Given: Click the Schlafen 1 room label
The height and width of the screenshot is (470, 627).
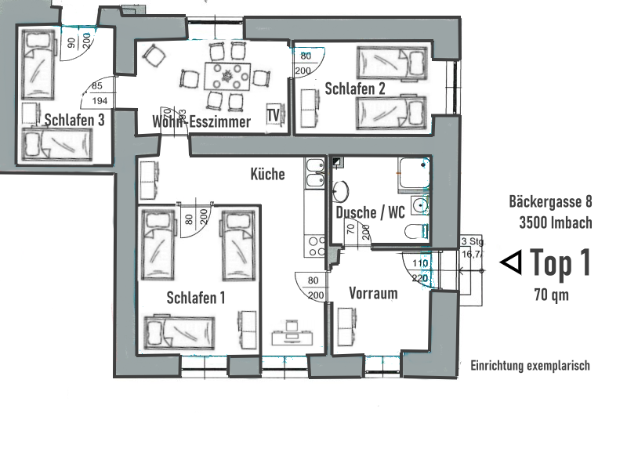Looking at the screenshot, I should [196, 298].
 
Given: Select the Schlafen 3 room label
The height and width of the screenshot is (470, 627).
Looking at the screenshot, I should [74, 120].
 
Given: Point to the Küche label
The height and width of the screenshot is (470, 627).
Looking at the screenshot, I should [267, 174].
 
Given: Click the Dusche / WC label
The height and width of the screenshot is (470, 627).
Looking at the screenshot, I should [369, 212].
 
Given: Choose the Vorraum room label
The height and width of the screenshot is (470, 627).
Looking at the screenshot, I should [373, 294].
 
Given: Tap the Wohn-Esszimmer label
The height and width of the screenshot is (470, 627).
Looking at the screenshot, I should [201, 121].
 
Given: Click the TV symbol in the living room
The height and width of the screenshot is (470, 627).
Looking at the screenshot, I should [274, 115].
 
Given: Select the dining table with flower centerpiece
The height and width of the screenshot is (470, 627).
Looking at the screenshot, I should [227, 77].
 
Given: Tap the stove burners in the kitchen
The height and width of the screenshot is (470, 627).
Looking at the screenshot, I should [317, 246].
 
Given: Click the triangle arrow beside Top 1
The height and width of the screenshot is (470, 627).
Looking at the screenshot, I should [511, 263].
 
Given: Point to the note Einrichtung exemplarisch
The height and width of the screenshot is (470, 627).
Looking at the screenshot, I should [529, 366].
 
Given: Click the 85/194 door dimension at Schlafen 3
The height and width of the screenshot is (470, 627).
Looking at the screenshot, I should [98, 94].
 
